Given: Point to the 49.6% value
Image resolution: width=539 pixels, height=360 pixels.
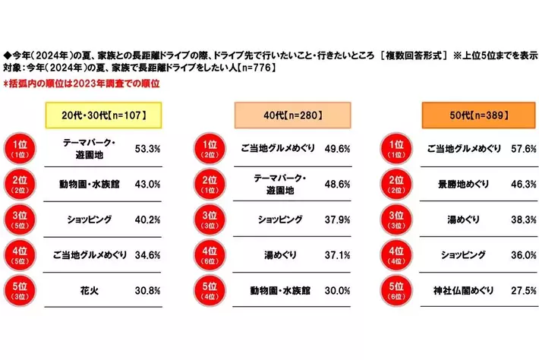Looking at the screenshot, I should tap(336, 147).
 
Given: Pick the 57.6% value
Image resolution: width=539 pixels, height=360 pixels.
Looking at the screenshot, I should tap(522, 147).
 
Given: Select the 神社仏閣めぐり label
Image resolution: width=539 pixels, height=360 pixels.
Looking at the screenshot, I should tap(465, 291).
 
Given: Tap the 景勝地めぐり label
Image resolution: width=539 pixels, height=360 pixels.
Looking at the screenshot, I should tap(465, 184).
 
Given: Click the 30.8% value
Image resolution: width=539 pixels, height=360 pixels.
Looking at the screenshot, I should tap(147, 291).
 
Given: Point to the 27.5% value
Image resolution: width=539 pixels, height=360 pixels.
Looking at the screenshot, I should tap(522, 291).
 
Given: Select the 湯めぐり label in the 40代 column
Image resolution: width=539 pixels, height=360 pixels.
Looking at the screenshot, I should tap(277, 255).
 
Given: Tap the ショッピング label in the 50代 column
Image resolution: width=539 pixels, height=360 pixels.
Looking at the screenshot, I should tap(465, 255).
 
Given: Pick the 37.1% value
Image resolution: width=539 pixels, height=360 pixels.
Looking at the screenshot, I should tap(336, 255).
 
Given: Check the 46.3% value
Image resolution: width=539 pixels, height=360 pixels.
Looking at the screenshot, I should tap(522, 184).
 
